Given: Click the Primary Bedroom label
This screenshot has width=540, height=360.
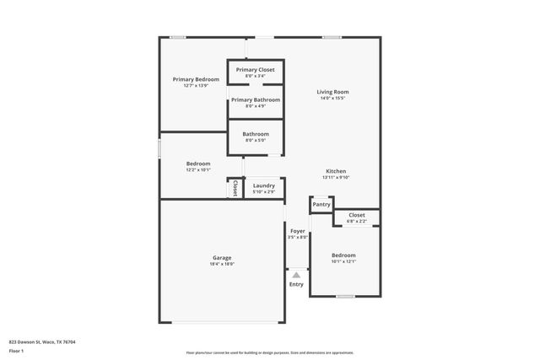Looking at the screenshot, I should [x=190, y=79].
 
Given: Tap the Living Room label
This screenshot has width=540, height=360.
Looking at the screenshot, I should [x=332, y=92].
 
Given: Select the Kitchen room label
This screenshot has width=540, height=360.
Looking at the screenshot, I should [x=336, y=171].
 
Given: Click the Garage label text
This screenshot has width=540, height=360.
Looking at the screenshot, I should [x=222, y=258].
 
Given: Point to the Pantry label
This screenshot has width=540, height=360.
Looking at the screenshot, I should [x=321, y=204].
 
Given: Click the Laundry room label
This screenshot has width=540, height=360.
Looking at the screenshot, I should [x=264, y=185].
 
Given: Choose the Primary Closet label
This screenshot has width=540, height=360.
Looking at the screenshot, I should [x=255, y=70].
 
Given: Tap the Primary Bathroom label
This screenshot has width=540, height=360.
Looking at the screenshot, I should [x=255, y=99].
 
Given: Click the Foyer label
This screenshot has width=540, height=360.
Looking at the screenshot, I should [x=298, y=231].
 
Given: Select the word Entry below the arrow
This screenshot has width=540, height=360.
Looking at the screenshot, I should [x=296, y=284].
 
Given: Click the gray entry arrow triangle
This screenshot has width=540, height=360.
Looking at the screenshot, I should [x=296, y=274].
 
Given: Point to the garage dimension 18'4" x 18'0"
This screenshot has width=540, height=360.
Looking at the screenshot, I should [x=222, y=265].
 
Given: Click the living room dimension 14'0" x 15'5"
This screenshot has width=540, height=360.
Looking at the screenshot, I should [x=332, y=99].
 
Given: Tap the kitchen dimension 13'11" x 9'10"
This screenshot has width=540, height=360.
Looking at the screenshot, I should [x=336, y=178].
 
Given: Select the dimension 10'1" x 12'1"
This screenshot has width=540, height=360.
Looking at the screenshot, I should [x=343, y=261].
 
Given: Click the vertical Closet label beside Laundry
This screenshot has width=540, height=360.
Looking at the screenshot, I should [x=235, y=187].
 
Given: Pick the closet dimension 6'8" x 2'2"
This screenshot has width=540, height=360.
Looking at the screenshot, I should [x=356, y=222].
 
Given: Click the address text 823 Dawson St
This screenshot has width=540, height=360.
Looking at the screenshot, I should [x=42, y=341].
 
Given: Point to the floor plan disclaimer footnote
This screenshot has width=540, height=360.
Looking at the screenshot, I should [x=269, y=352].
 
